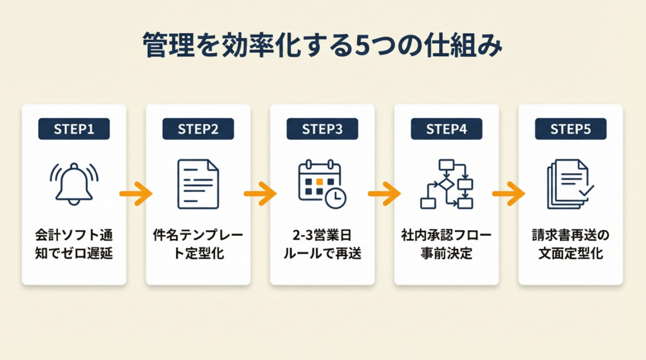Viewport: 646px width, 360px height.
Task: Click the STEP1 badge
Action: (x=74, y=129)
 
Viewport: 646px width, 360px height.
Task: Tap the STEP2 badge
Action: (x=198, y=129)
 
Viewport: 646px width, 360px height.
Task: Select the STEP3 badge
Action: (x=322, y=129)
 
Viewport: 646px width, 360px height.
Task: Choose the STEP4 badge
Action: (x=447, y=129)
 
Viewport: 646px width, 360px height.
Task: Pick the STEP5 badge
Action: (x=571, y=129)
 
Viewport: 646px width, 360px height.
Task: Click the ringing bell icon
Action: (x=74, y=183)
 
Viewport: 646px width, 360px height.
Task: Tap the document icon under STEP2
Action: (x=198, y=183)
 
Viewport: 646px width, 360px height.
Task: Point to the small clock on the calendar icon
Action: (x=336, y=198)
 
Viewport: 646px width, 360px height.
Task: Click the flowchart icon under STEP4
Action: (x=447, y=183)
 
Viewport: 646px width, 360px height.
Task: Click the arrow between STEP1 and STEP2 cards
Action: (x=136, y=194)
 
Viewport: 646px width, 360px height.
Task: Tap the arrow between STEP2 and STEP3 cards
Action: (x=260, y=194)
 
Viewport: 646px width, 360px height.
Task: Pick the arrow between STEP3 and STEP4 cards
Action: (x=384, y=194)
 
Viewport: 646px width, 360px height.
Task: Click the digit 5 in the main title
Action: (x=363, y=47)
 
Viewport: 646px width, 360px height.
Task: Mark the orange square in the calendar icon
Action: (x=320, y=182)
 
